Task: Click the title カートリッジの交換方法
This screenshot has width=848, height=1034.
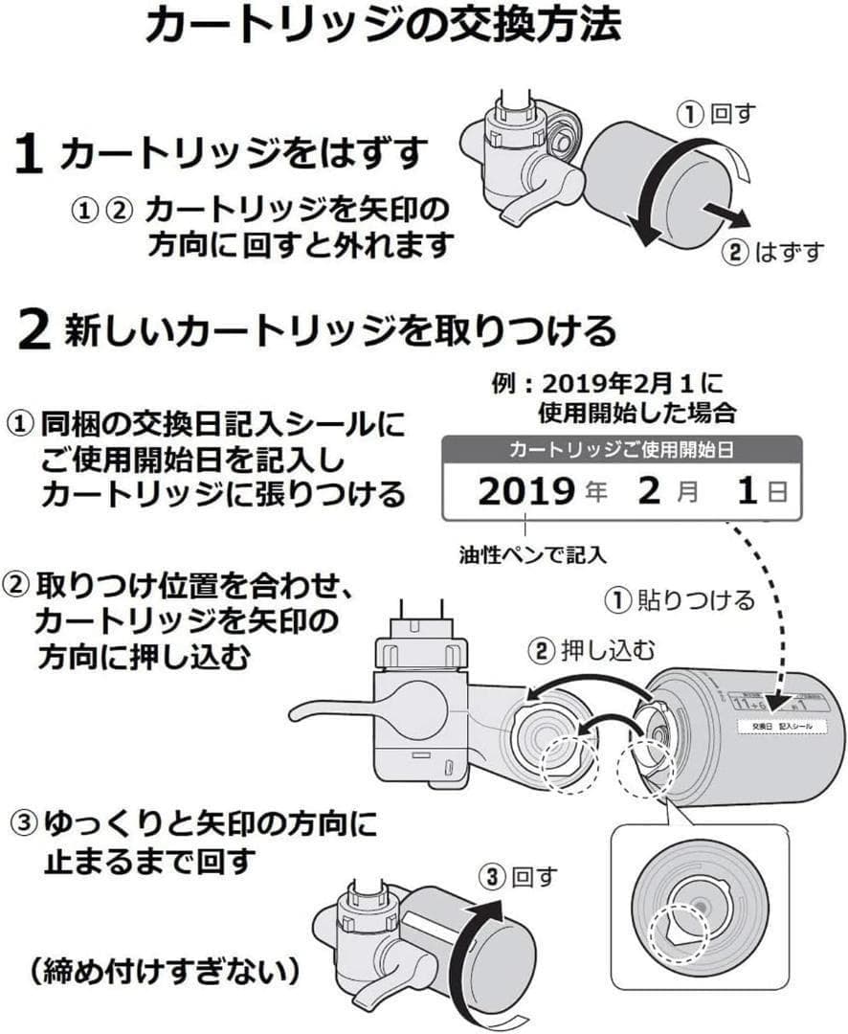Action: tap(383, 27)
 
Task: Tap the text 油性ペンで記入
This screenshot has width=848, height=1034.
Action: tap(533, 552)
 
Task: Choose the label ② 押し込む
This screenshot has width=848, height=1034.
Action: tap(593, 652)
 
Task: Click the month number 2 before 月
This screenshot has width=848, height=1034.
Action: tap(649, 492)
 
